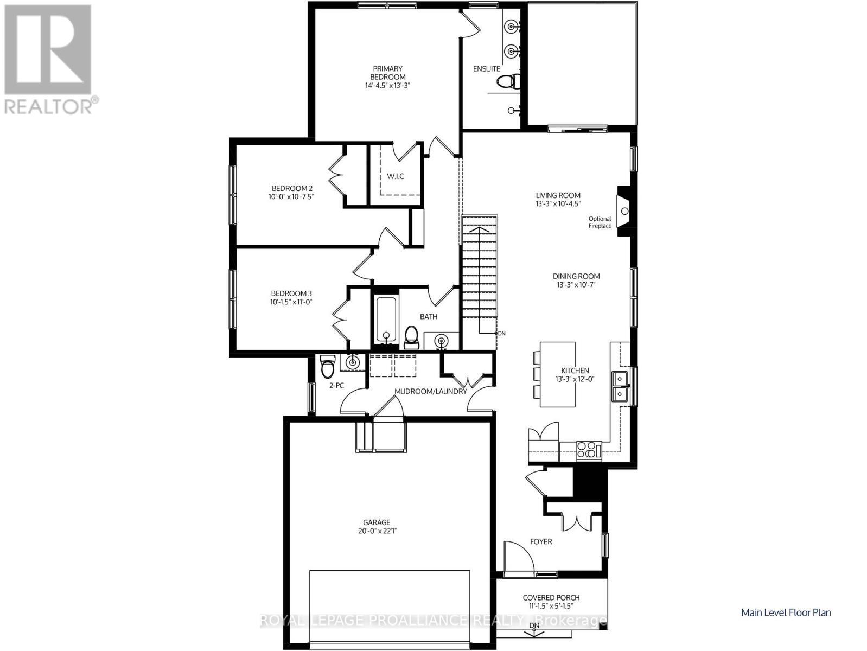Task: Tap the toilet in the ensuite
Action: pos(508,82)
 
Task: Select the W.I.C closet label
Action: pos(395,176)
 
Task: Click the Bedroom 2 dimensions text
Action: pos(291,197)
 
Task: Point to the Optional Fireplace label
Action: pos(600,222)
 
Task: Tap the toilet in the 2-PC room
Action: pos(328,367)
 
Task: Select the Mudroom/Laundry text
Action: pos(430,391)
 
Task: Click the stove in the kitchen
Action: pos(589,450)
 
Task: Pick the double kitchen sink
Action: pos(619,386)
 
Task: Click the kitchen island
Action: pos(557,374)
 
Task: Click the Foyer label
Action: pos(540,541)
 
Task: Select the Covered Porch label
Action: pos(551,597)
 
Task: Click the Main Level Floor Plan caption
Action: pos(786,612)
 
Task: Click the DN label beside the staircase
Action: pos(501,334)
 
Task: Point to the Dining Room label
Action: pos(576,276)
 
